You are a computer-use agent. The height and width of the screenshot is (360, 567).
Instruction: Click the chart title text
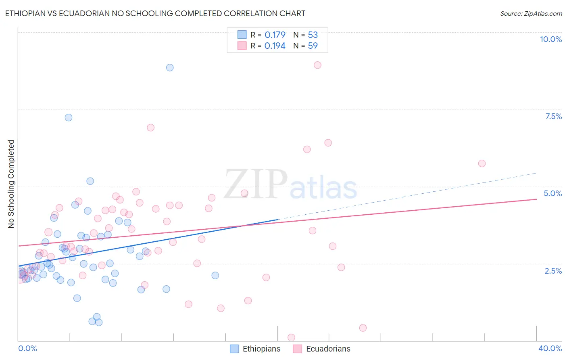[155, 13]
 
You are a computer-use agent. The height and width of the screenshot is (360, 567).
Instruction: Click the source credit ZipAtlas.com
[531, 13]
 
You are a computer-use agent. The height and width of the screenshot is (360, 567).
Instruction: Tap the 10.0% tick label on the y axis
[550, 39]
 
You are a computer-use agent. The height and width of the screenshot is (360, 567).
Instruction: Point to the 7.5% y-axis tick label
[553, 116]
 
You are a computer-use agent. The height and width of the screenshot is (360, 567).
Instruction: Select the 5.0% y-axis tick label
[552, 193]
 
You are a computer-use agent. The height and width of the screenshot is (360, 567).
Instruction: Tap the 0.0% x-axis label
[27, 348]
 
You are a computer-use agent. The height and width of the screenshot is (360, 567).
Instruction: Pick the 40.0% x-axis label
[550, 348]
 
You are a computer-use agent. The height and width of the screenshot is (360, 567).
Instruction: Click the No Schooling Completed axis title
[11, 184]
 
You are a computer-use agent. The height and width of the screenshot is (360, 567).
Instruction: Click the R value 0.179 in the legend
[275, 35]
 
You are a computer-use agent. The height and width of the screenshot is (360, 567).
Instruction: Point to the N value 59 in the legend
[313, 46]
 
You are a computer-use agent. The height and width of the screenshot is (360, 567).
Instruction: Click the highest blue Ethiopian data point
[170, 67]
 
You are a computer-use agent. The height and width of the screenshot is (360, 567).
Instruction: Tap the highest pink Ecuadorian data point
[317, 65]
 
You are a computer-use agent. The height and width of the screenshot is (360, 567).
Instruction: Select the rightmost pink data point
[482, 163]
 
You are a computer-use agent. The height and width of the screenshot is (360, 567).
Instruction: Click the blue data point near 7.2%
[69, 117]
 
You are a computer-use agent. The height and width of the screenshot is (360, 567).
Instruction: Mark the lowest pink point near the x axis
[291, 337]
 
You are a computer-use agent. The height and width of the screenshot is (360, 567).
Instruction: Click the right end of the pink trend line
[536, 199]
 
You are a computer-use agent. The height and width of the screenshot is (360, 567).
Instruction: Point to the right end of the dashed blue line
[536, 173]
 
